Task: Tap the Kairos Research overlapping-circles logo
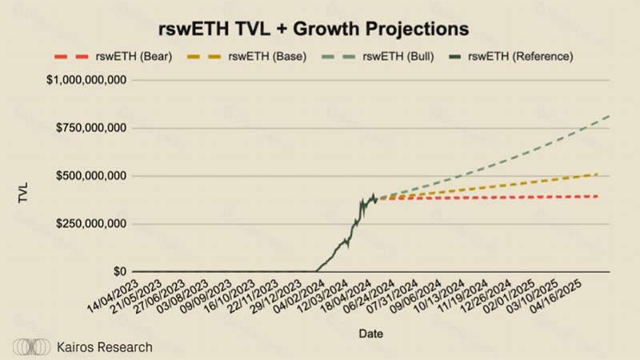point(33,347)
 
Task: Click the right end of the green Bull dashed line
point(610,117)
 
